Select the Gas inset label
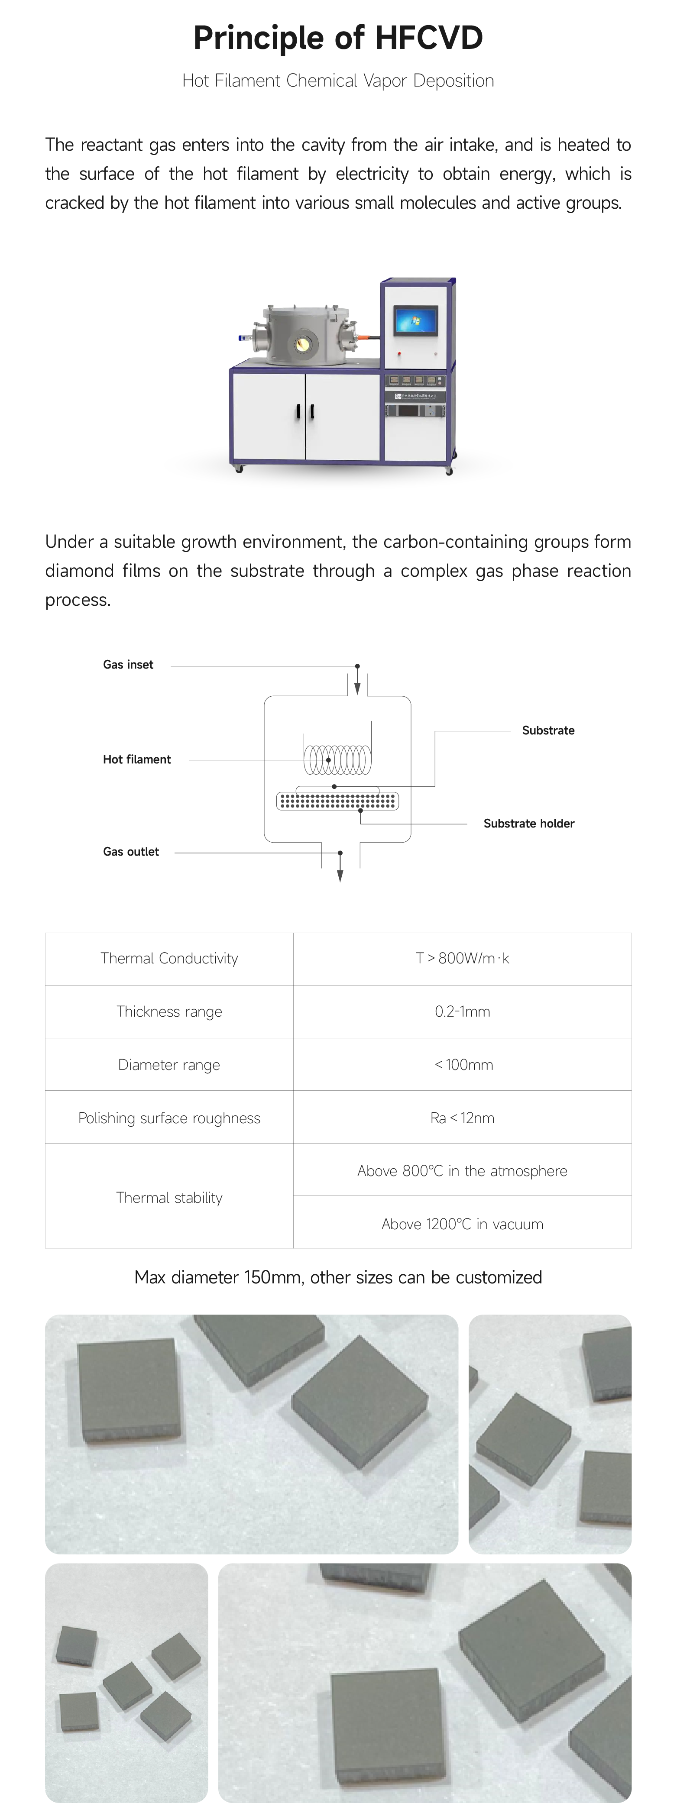[128, 665]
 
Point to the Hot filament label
[136, 759]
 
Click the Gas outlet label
[131, 852]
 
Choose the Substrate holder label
[528, 824]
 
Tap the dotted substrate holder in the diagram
[338, 801]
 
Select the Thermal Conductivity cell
[169, 958]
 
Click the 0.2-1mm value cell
[462, 1011]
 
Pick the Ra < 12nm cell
[462, 1118]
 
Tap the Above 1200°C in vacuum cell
[462, 1224]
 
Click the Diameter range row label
[169, 1065]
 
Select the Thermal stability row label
[169, 1198]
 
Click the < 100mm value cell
[462, 1065]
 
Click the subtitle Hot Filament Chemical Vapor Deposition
[338, 81]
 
